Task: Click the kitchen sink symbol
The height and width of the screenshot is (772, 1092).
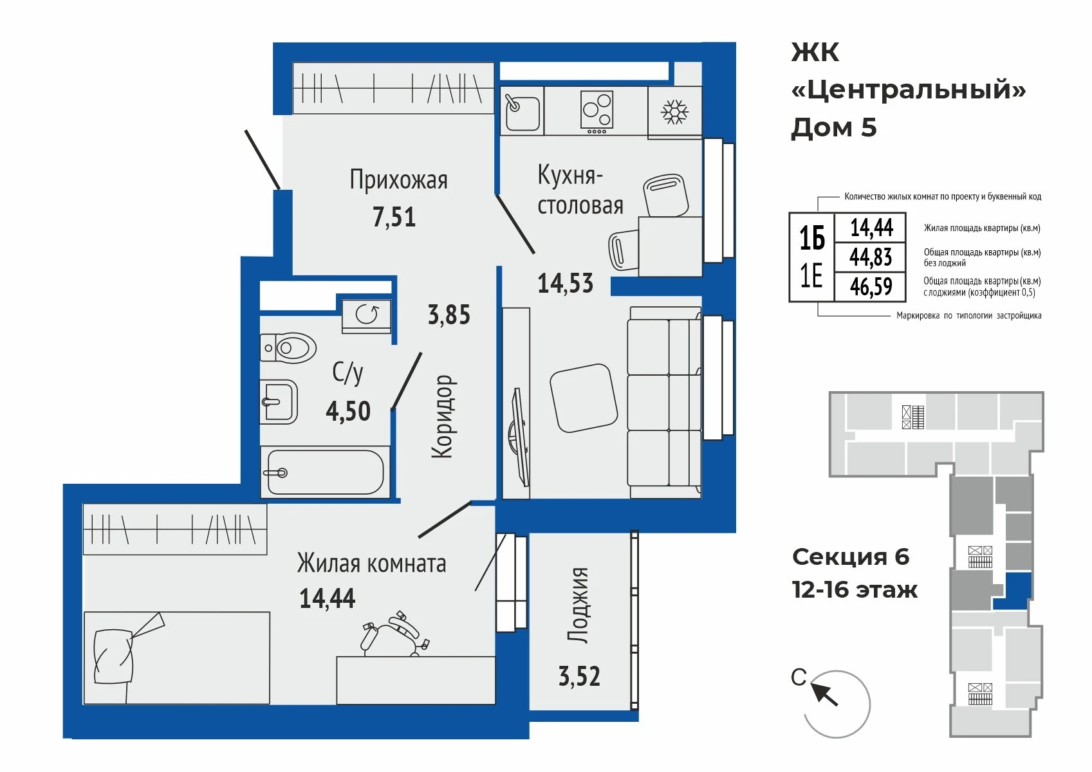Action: (x=522, y=111)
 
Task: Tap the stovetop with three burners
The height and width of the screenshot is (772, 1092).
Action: (x=597, y=112)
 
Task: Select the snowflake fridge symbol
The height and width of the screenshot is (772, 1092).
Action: (x=674, y=112)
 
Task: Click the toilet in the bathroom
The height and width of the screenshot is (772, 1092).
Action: (x=288, y=347)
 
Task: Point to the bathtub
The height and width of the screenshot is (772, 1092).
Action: (x=325, y=472)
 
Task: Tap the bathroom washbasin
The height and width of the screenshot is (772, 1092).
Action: (x=279, y=401)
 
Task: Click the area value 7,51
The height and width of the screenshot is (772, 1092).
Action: (x=394, y=217)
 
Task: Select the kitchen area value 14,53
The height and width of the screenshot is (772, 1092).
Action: (x=565, y=283)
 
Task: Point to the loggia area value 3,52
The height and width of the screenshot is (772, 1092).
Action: (x=579, y=677)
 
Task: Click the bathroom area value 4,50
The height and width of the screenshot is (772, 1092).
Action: (x=348, y=411)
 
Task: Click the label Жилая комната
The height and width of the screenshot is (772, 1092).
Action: (x=371, y=564)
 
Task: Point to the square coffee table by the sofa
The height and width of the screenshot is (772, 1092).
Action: (x=584, y=398)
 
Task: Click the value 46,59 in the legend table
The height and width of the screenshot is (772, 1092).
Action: (x=871, y=286)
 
